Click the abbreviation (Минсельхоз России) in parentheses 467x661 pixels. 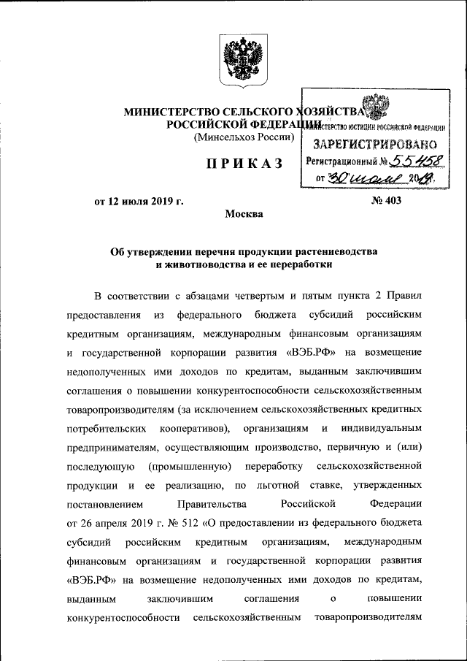[x=244, y=137]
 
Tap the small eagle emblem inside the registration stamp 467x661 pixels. [x=376, y=111]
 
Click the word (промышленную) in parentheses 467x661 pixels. [x=190, y=465]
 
